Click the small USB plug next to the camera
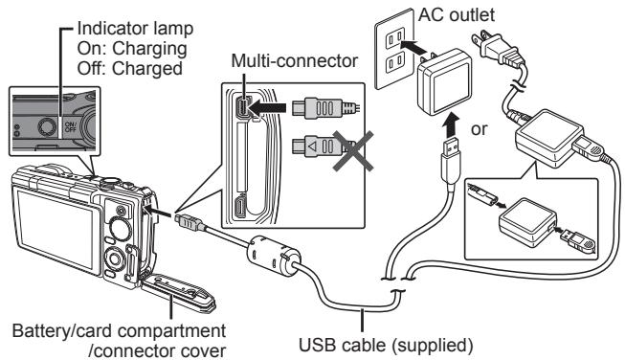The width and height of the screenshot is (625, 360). [187, 221]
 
